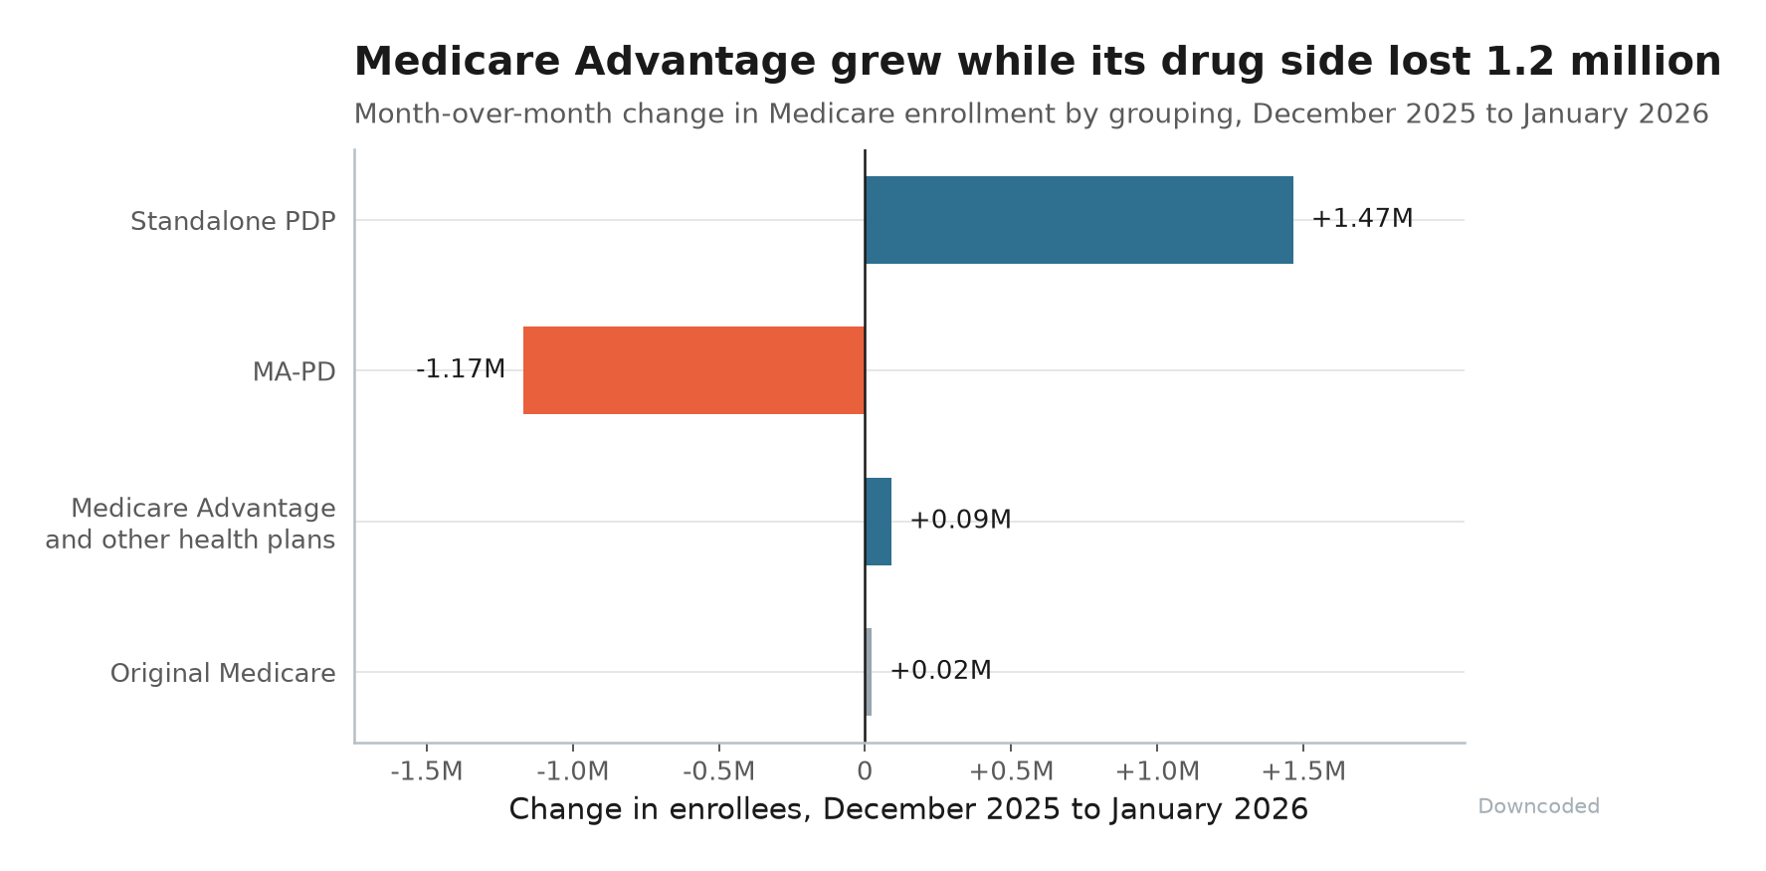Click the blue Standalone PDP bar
1079,220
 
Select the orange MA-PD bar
694,370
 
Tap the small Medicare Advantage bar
879,522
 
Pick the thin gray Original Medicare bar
869,672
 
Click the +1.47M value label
1362,219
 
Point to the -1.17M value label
461,369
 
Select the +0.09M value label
960,521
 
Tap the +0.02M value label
940,671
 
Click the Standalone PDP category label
233,221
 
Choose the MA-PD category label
294,372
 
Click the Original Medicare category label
223,674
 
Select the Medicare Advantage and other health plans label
190,524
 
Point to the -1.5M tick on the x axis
427,771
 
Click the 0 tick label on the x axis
865,771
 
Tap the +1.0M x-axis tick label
1157,771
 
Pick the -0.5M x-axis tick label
719,771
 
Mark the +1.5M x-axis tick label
1303,771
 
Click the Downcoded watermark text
1538,806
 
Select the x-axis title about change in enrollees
908,809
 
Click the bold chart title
1038,62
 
